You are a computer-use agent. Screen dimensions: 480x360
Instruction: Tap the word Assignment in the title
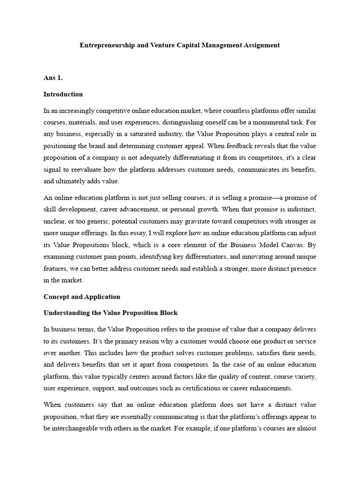(x=260, y=45)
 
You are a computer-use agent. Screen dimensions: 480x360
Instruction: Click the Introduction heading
(x=63, y=94)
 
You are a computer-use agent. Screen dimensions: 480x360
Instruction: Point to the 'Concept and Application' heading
(x=82, y=297)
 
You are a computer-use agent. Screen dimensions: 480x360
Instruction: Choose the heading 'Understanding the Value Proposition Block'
(x=111, y=313)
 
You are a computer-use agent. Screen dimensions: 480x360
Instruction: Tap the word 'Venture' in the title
(x=172, y=45)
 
